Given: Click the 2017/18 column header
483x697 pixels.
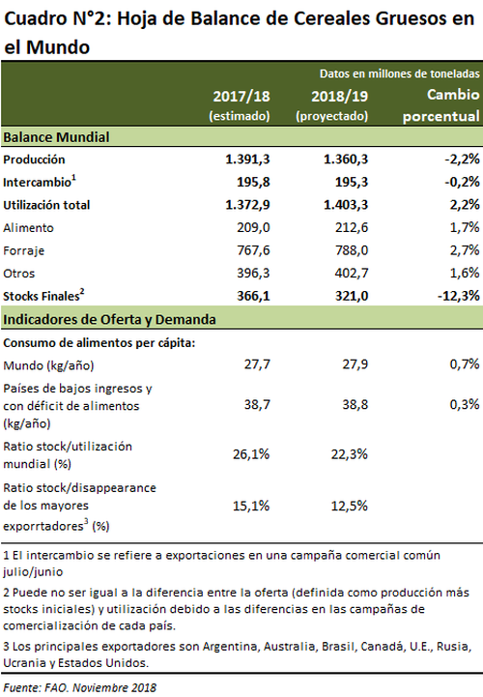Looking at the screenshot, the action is point(240,105).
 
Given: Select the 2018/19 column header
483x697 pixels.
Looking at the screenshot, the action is point(332,105).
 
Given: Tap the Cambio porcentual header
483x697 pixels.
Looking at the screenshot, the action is point(441,105).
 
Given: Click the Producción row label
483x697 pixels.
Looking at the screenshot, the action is point(34,160).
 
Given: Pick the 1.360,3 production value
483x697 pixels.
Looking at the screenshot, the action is point(346,160).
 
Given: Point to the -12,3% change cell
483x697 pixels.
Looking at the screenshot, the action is point(459,296).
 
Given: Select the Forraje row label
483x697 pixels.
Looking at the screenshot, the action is point(24,250).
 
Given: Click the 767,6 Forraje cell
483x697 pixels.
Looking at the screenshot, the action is point(253,250).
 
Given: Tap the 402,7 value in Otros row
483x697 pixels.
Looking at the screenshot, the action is point(352,273).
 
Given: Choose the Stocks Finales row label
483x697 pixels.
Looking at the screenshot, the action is point(43,296).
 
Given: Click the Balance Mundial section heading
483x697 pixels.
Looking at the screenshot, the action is point(56,137).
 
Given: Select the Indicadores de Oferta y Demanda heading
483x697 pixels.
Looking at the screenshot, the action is point(110,320).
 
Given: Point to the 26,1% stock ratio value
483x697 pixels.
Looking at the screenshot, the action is point(251,454).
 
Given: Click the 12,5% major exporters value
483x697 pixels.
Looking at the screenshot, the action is point(350,506).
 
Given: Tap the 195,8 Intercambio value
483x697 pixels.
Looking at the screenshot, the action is point(253,182).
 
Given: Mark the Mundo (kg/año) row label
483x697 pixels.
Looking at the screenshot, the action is point(49,365).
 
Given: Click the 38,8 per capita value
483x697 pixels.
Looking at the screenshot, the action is point(355,404).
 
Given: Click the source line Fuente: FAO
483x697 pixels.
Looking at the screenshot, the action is point(80,687).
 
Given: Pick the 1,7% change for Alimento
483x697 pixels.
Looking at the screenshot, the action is point(465,227).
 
